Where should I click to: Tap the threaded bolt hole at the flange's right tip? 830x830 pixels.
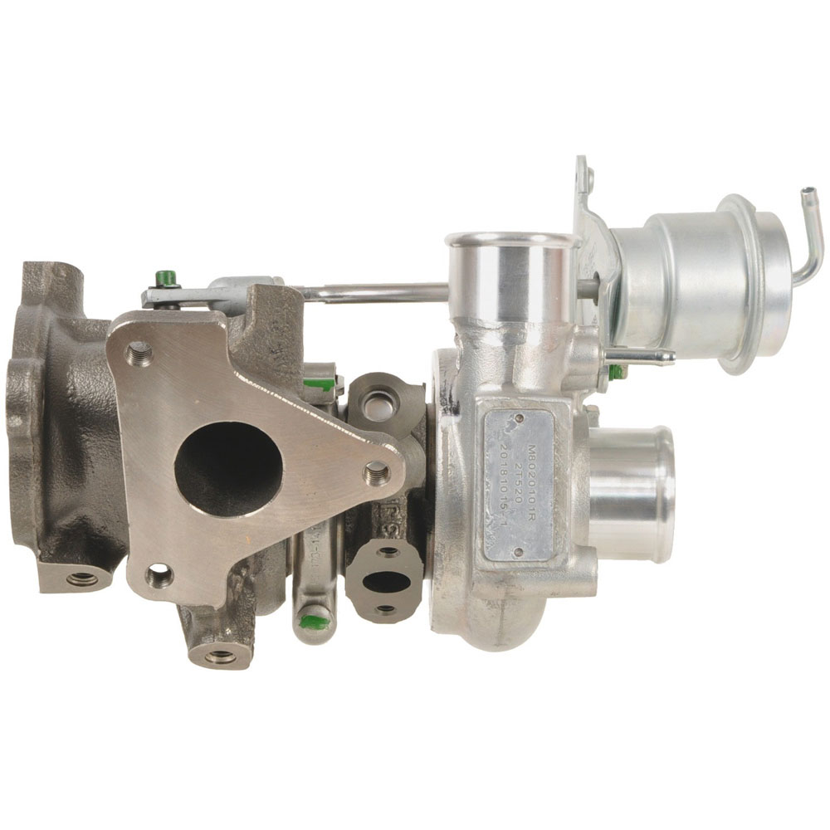(377, 472)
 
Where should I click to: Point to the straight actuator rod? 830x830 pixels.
(373, 291)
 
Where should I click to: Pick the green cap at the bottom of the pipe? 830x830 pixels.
(313, 618)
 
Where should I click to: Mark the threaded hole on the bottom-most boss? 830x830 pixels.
(221, 656)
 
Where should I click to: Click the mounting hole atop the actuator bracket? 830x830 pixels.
(588, 176)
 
